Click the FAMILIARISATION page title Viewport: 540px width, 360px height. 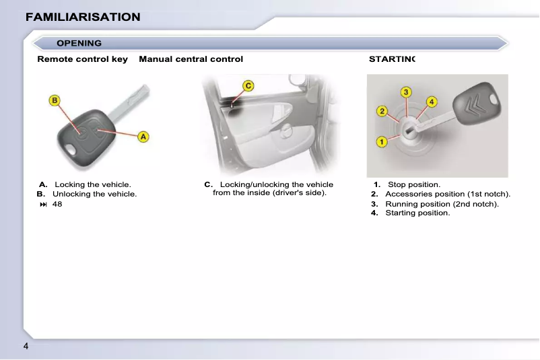pos(83,17)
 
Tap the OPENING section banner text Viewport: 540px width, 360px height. pos(79,43)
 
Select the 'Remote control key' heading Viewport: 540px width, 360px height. pos(82,59)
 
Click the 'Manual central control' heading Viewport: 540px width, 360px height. pos(191,59)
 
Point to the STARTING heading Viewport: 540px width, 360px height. pos(392,59)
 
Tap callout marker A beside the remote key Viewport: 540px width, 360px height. pos(143,137)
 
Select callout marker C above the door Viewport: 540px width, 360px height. pos(248,85)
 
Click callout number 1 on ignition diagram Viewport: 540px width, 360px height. pos(381,141)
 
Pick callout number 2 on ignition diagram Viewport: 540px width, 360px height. pos(381,110)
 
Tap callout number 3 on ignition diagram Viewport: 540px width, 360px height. pos(407,92)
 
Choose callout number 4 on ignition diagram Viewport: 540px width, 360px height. pos(432,102)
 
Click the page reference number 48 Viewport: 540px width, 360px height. pos(57,204)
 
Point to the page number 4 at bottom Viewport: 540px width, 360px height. pos(26,347)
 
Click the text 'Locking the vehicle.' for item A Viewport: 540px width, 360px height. pos(93,184)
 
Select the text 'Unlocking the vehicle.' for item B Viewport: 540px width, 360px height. pos(94,194)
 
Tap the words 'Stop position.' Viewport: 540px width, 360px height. pos(414,184)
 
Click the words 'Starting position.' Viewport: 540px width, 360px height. pos(417,213)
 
